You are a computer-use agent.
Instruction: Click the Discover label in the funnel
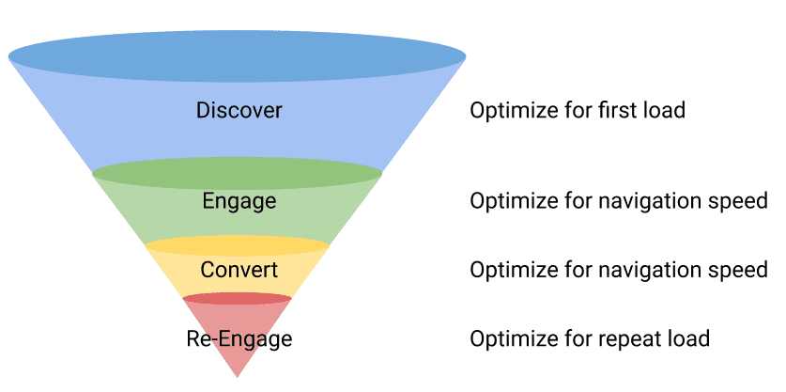coord(239,111)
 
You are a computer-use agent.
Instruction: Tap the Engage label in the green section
coord(239,201)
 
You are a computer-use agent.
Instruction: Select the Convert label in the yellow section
coord(239,271)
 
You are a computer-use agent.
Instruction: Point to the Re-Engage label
coord(239,338)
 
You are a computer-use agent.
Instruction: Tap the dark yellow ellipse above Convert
coord(238,245)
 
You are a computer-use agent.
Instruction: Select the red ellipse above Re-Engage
coord(238,299)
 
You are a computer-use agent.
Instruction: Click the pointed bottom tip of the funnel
coord(238,375)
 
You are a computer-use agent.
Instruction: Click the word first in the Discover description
coord(617,111)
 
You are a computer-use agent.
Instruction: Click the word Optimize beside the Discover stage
coord(510,111)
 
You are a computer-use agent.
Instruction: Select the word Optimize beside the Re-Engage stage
coord(510,338)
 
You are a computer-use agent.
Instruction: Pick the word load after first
coord(663,111)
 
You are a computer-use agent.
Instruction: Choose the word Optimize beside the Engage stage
coord(510,201)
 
